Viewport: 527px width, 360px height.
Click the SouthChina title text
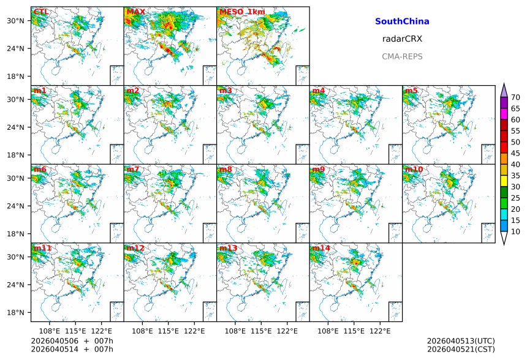402,21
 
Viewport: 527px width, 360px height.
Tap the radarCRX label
402,39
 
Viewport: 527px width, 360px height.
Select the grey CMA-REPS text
402,56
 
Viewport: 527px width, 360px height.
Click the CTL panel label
41,12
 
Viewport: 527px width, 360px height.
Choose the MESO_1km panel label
233,12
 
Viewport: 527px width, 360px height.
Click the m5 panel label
411,91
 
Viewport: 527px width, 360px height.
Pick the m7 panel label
134,169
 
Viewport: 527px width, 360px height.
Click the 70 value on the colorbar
515,97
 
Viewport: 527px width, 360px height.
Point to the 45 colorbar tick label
515,153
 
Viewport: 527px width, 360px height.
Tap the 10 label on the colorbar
515,231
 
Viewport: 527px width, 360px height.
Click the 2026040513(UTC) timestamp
460,341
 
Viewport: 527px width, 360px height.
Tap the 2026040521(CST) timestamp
460,349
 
